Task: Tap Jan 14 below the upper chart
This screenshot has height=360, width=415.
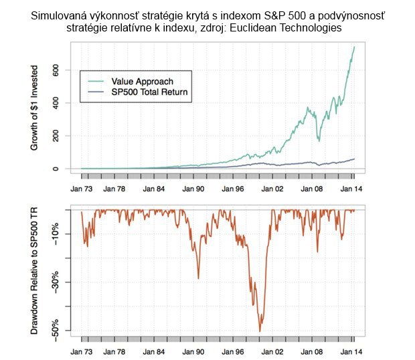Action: (353, 189)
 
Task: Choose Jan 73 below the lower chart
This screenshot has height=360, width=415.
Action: (82, 351)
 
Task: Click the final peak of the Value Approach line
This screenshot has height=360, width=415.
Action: (354, 46)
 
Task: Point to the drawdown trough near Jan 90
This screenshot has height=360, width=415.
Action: (198, 278)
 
